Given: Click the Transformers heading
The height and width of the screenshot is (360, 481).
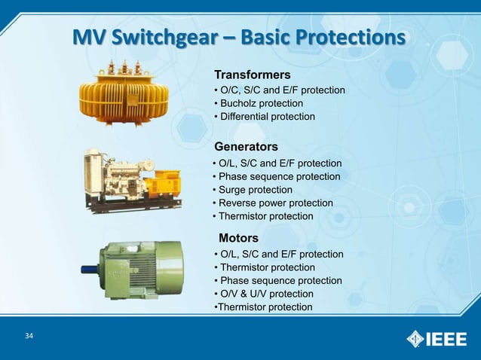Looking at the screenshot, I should click(253, 75).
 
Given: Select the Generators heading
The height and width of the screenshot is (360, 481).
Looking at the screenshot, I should click(247, 145).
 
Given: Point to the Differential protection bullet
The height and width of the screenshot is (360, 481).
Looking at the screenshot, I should click(265, 117).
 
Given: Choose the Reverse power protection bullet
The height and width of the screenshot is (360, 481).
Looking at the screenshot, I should click(272, 203).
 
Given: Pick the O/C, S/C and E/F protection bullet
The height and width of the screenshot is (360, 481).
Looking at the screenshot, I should click(280, 90).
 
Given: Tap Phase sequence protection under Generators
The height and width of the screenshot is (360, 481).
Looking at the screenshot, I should click(276, 177).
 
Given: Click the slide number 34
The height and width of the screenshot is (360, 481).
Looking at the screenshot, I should click(29, 336).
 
